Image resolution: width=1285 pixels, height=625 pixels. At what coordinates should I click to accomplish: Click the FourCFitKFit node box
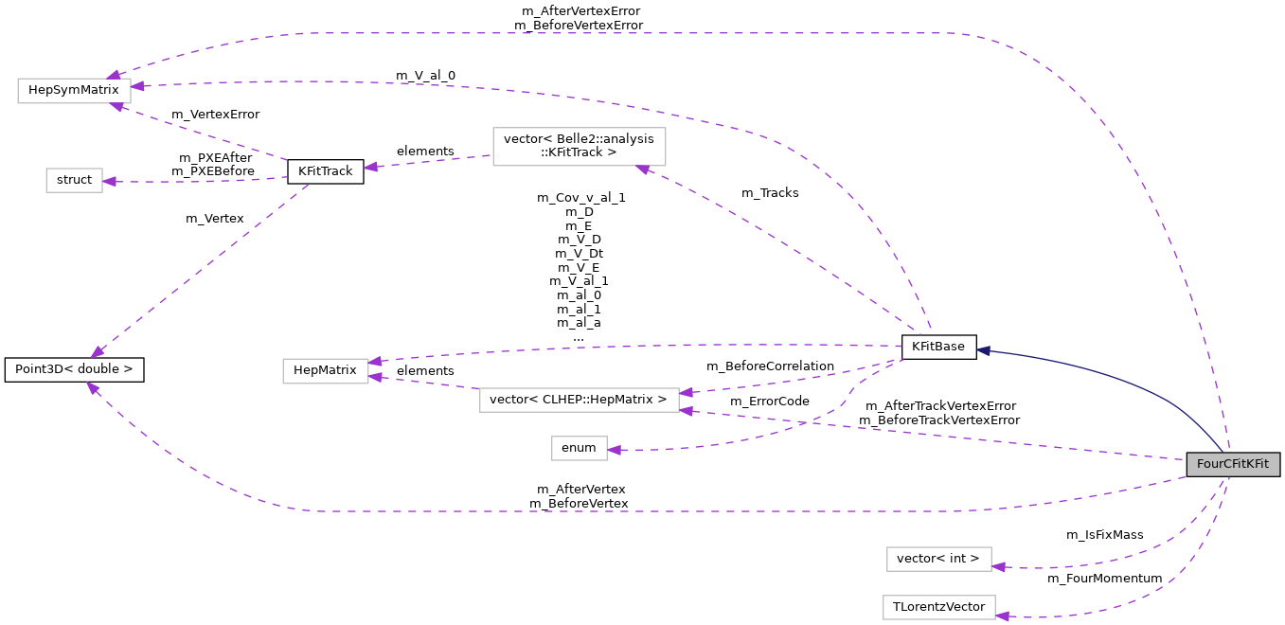[1233, 464]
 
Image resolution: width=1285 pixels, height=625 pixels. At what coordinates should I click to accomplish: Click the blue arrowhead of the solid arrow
[984, 350]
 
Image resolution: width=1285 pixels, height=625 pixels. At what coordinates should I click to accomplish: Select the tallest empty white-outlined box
[580, 147]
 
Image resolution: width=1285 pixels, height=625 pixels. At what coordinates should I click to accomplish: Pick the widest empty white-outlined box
[580, 400]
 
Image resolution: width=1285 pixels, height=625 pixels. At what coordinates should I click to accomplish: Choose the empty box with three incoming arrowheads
[74, 91]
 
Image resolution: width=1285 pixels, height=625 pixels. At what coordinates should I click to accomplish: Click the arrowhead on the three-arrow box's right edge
[137, 86]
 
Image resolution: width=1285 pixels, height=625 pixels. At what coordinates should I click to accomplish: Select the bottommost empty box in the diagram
[939, 607]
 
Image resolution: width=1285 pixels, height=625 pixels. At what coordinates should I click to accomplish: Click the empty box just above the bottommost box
[939, 559]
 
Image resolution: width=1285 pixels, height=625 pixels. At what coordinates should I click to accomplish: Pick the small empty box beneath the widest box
[580, 448]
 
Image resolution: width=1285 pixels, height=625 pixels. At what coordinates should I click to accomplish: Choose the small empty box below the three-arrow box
[74, 180]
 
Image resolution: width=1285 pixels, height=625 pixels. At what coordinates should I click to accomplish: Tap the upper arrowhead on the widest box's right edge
[686, 392]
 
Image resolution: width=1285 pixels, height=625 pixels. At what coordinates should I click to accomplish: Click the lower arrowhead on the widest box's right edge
[686, 411]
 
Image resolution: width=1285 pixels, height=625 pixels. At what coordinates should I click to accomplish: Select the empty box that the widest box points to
[326, 371]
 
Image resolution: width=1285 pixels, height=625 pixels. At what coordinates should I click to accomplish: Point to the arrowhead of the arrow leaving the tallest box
[370, 168]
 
